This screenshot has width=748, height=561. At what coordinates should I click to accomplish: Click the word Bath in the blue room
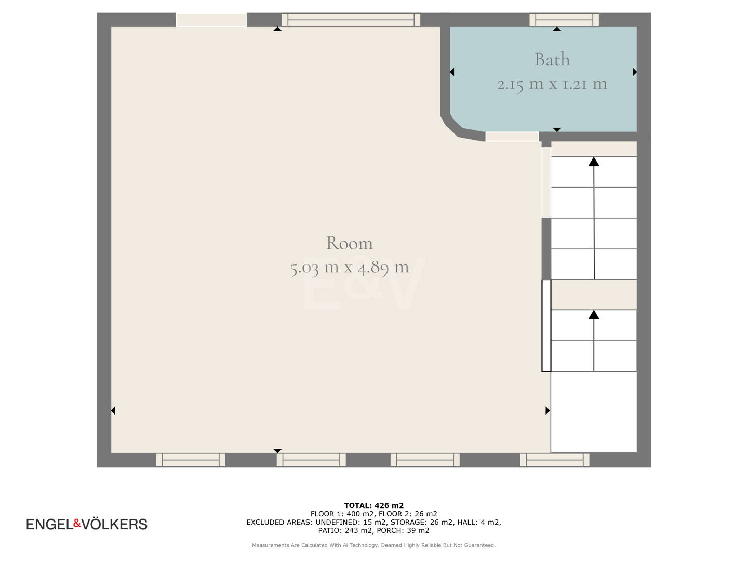coord(552,60)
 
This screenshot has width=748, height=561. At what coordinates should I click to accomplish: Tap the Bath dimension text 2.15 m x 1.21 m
coord(552,84)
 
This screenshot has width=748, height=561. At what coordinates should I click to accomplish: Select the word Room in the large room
coord(349,243)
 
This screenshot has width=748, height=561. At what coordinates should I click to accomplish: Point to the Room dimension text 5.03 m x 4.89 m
coord(349,268)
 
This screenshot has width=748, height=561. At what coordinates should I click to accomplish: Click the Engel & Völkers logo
coord(87,524)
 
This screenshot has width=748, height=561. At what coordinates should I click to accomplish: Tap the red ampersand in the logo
coord(77,523)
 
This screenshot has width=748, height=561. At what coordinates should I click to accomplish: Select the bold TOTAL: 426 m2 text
coord(374,505)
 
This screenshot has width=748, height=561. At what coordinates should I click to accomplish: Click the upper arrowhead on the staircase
coord(594,162)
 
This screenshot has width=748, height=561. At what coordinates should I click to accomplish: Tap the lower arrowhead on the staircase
coord(594,315)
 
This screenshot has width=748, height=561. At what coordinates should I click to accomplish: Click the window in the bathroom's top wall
coord(564,20)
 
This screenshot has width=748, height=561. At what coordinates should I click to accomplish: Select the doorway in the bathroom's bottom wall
coord(512,137)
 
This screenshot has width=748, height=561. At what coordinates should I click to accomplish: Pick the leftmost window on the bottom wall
coord(191,460)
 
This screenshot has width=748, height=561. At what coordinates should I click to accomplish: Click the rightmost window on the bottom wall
coord(554,460)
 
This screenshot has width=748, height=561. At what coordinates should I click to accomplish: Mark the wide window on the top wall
coord(351,20)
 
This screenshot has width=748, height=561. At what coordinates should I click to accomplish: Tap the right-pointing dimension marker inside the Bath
coord(635,72)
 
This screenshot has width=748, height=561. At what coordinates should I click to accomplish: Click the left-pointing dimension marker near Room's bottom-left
coord(113,410)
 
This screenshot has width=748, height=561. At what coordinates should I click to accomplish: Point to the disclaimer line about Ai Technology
coord(374,545)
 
